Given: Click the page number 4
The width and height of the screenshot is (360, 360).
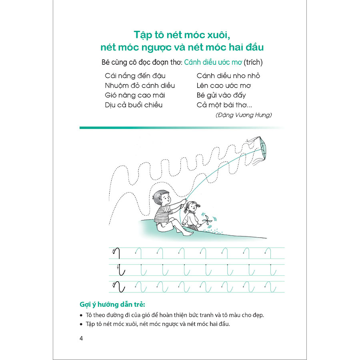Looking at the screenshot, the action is pos(81,338).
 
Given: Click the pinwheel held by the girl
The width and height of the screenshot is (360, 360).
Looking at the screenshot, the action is pos(207,221).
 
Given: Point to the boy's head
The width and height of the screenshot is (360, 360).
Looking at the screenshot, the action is pos(162,198).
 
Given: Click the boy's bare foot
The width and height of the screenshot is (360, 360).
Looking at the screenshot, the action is pos(188,234).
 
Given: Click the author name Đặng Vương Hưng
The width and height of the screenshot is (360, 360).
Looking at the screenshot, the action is pos(244,115).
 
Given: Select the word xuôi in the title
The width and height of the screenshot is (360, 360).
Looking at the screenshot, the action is pos(218,35).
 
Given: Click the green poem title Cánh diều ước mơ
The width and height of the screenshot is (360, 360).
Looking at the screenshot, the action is pos(213,62).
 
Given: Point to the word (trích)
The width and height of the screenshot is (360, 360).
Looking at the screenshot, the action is pos(253,62).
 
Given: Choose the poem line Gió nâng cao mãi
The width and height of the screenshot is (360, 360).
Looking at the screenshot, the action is pos(135,95).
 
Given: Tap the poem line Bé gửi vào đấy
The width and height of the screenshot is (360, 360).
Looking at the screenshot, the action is pos(221,95).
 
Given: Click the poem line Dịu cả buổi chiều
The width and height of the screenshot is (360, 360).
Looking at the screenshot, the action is pos(134,105).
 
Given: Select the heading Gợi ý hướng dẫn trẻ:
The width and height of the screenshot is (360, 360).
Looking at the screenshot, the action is pos(112,304).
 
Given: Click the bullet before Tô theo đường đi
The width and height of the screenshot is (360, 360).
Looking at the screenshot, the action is pos(81,315).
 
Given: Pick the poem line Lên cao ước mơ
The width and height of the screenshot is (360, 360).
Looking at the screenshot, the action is pos(224,86).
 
